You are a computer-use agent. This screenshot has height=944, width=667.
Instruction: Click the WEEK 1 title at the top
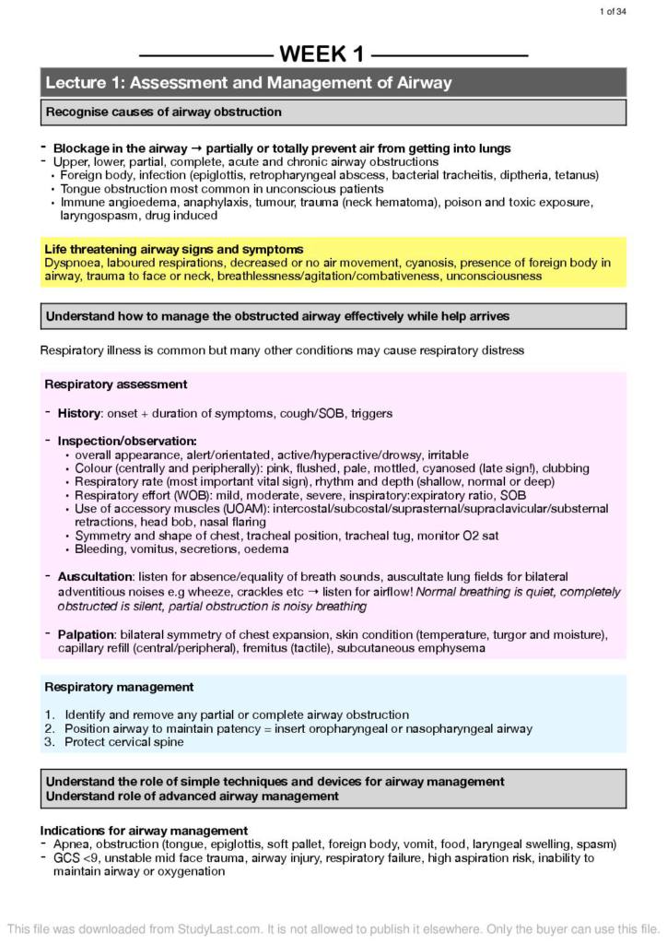click(322, 54)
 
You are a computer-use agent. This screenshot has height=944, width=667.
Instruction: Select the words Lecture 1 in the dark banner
click(85, 83)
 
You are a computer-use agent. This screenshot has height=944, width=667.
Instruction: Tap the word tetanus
click(578, 175)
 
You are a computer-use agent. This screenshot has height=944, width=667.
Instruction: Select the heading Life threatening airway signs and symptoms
click(173, 250)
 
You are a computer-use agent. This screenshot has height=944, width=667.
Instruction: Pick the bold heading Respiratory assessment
click(116, 384)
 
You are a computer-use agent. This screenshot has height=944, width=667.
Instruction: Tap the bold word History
click(78, 414)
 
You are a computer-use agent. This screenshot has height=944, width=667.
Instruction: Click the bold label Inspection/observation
click(127, 442)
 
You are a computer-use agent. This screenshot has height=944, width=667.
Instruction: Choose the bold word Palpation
click(86, 635)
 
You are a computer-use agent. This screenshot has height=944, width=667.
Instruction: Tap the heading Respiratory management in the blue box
click(119, 687)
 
